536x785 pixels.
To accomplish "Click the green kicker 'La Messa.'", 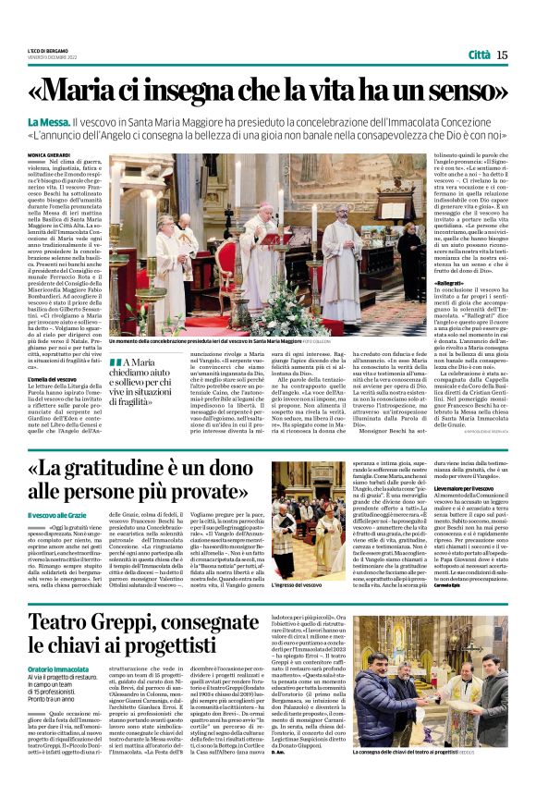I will click(74, 123).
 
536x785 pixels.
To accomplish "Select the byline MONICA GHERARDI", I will click(74, 154).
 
